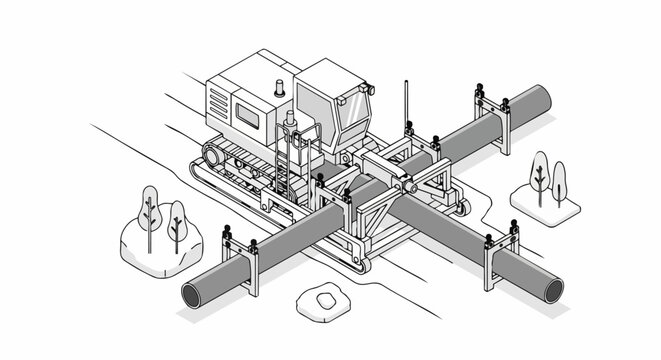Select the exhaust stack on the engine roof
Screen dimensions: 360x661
click(280, 87)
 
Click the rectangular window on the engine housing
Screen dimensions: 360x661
click(247, 118)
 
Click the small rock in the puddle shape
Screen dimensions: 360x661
click(323, 297)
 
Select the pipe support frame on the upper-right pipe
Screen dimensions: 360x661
click(492, 118)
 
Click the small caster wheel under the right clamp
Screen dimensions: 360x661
click(460, 208)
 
